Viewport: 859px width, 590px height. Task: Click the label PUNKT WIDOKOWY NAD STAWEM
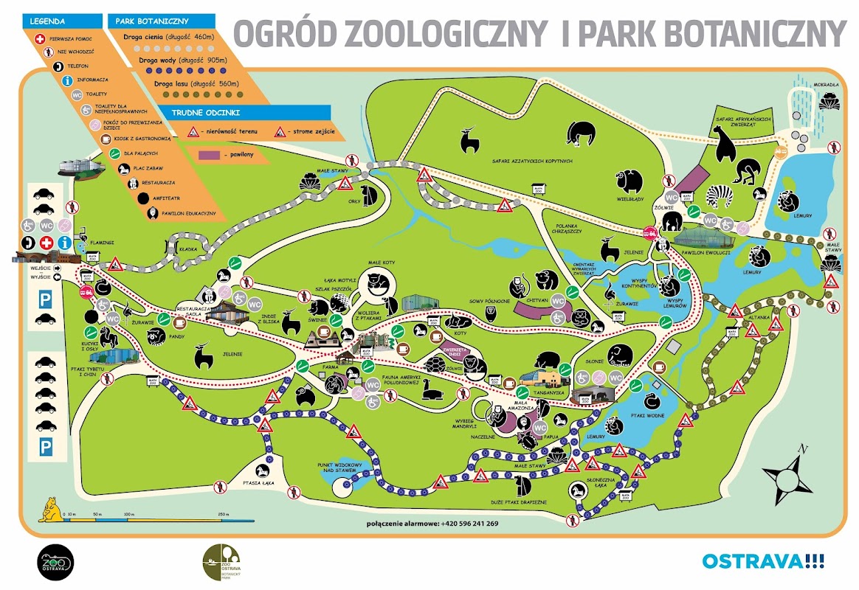point(339,468)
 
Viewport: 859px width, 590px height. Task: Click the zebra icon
point(721,195)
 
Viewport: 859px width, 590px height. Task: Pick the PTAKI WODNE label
point(651,416)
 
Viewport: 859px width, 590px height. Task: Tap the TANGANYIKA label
point(550,392)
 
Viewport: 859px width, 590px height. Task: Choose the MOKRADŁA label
point(827,85)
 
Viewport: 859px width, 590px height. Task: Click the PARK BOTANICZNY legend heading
point(143,21)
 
